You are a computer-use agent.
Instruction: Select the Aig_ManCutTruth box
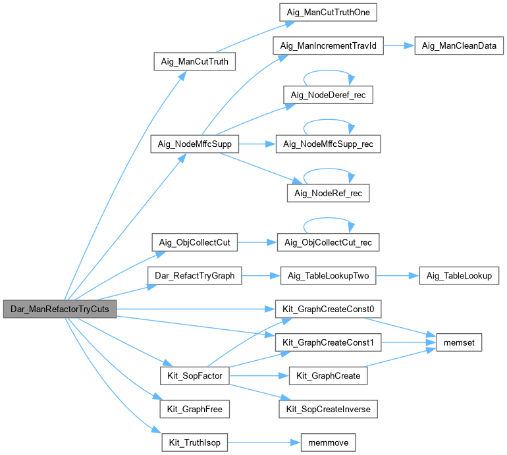[x=194, y=62]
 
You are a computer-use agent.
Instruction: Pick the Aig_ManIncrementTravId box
[x=328, y=46]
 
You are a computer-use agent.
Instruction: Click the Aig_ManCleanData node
[x=459, y=46]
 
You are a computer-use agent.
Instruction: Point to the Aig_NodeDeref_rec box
[x=328, y=95]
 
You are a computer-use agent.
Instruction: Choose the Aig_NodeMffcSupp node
[x=194, y=144]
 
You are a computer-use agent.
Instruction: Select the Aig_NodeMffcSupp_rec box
[x=328, y=144]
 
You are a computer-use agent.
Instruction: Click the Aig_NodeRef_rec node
[x=328, y=193]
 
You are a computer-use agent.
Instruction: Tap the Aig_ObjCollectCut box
[x=194, y=242]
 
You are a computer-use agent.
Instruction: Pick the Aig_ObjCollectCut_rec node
[x=328, y=242]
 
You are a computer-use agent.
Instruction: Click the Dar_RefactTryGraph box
[x=194, y=276]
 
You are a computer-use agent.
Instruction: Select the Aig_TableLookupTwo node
[x=328, y=276]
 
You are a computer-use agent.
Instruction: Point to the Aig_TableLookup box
[x=459, y=276]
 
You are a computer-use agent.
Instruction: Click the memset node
[x=459, y=342]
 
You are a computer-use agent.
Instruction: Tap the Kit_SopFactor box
[x=194, y=376]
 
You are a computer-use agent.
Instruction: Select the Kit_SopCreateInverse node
[x=328, y=410]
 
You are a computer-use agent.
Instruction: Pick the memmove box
[x=328, y=442]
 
